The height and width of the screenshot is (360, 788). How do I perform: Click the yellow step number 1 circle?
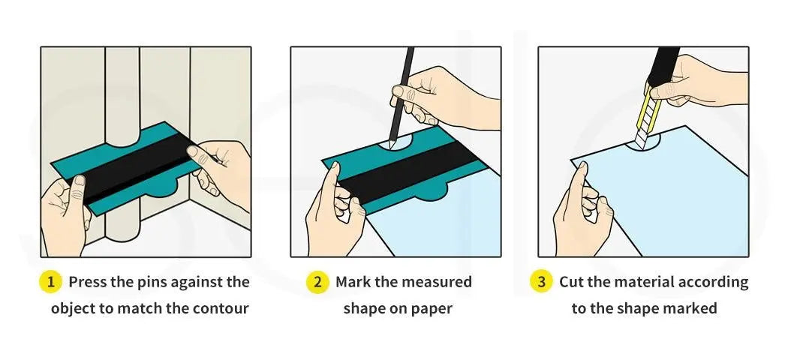tap(50, 282)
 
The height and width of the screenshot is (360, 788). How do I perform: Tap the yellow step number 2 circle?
tap(317, 282)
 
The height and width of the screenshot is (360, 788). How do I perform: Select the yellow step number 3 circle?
tap(541, 282)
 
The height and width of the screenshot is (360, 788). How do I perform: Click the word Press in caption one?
tap(87, 282)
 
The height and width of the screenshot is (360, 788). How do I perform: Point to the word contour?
tap(222, 307)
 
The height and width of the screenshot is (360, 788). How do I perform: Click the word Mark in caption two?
tap(353, 282)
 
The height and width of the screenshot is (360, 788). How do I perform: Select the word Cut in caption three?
tap(572, 282)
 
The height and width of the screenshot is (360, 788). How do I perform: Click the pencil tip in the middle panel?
tap(391, 145)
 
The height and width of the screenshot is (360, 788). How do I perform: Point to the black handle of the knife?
tap(663, 65)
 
